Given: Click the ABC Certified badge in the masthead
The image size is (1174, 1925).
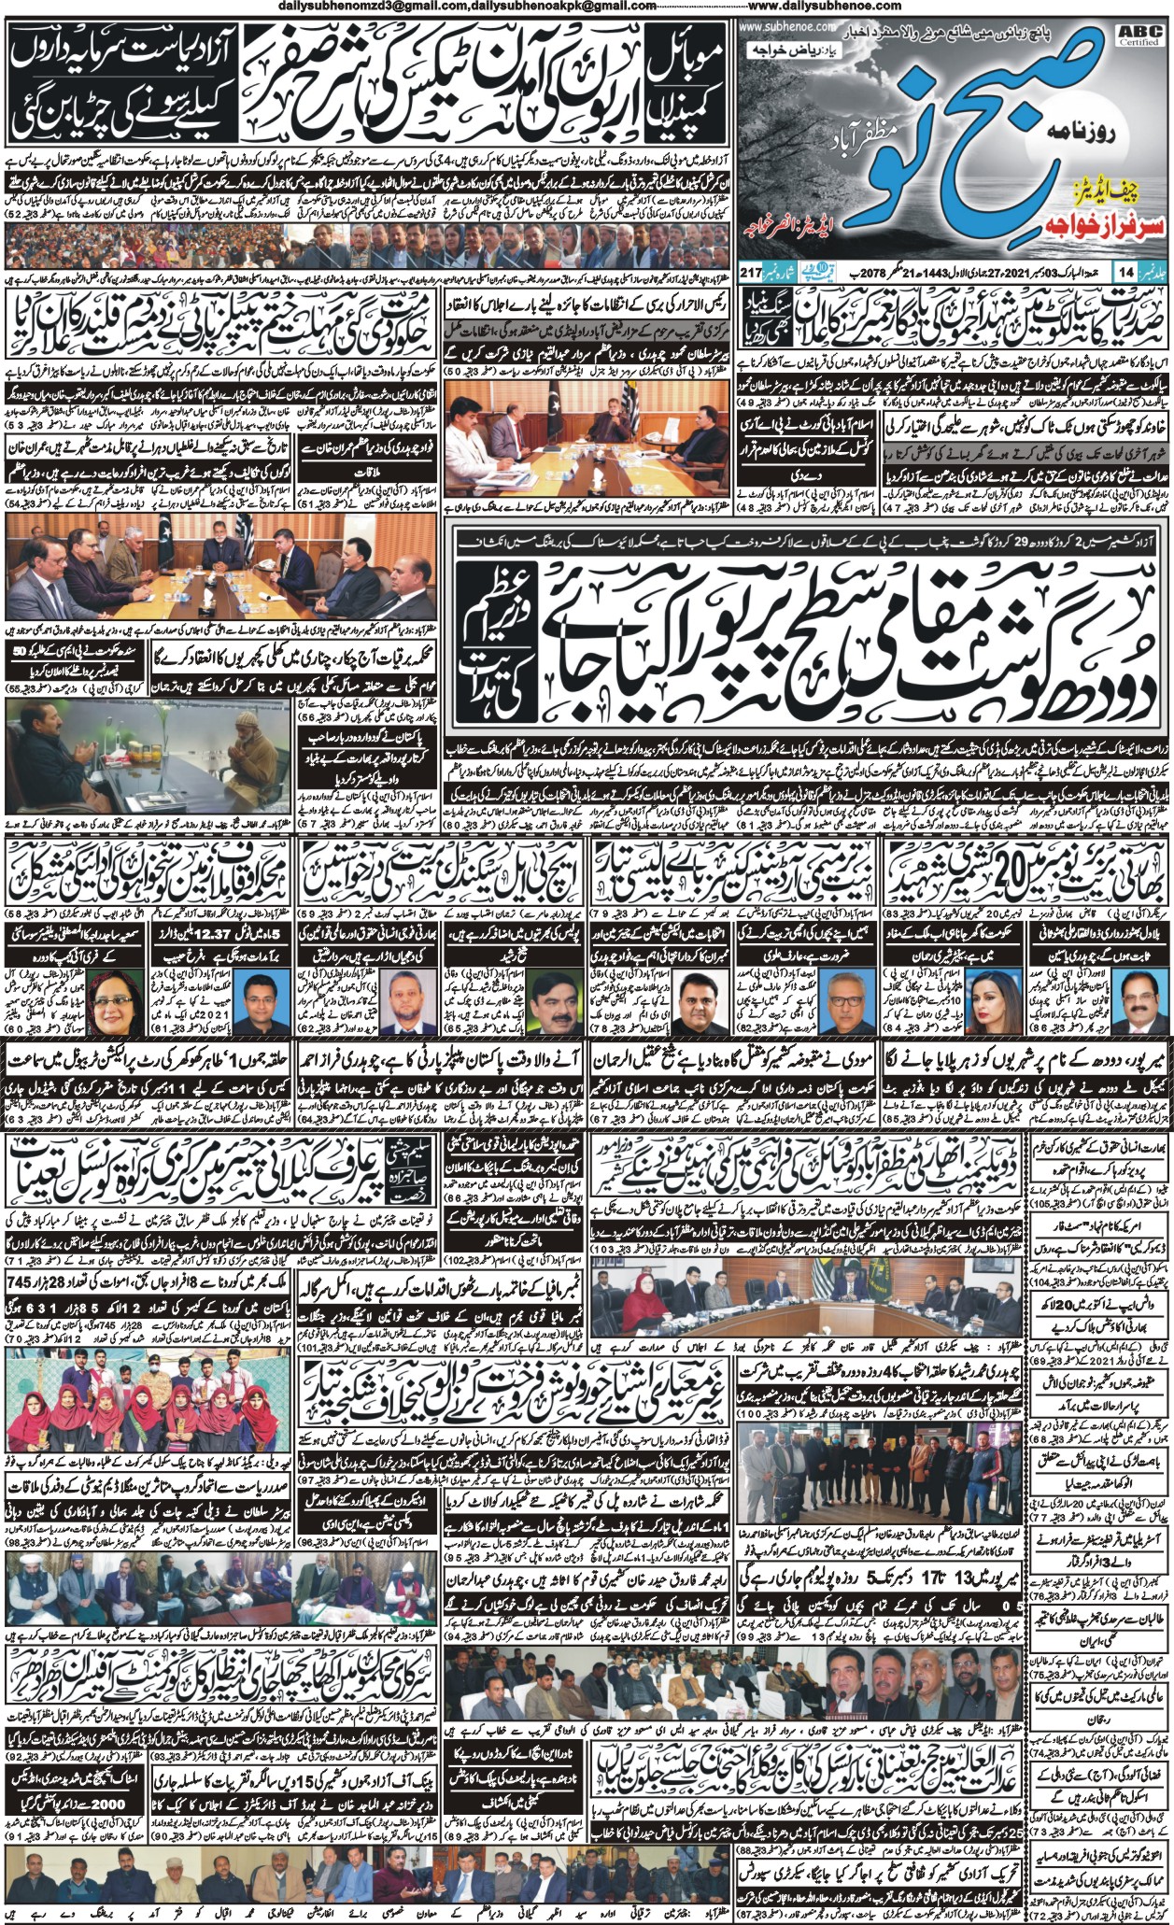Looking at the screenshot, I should [x=1144, y=35].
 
